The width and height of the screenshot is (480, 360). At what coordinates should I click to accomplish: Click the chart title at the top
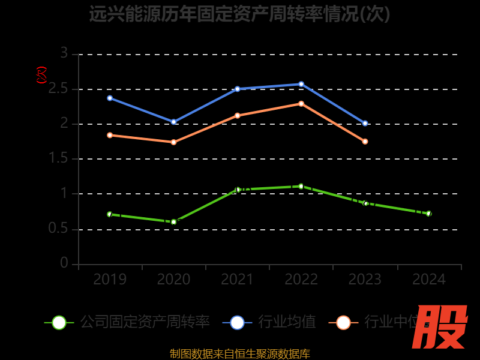tap(239, 14)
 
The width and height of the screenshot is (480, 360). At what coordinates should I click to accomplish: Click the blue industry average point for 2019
tap(110, 98)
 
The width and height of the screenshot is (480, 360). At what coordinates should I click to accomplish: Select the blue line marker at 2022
tap(301, 84)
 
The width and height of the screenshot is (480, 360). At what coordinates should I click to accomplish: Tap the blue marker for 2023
tap(365, 123)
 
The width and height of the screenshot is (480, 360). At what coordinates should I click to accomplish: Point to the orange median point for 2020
tap(173, 142)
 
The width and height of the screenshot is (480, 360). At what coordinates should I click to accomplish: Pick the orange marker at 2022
tap(301, 103)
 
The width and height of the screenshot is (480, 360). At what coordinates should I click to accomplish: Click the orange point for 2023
tap(365, 142)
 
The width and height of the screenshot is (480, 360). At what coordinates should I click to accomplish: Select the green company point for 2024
tap(428, 213)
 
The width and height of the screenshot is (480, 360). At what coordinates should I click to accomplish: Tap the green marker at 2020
tap(173, 222)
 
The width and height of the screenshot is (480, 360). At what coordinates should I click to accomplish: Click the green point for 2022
tap(301, 186)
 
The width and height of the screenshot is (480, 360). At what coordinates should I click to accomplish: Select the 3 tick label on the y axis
tap(64, 54)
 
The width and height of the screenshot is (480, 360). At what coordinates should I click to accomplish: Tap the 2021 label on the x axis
tap(237, 279)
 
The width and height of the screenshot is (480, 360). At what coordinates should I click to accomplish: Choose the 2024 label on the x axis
tap(428, 279)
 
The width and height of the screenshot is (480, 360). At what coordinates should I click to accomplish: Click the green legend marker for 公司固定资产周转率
tap(59, 322)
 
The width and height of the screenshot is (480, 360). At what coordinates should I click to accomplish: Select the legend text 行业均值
tap(287, 322)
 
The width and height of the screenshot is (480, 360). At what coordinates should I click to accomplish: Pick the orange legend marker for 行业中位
tap(343, 322)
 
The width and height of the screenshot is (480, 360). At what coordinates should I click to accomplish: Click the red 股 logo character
tap(440, 327)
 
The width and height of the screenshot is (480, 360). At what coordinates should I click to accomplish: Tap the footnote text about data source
tap(239, 353)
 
